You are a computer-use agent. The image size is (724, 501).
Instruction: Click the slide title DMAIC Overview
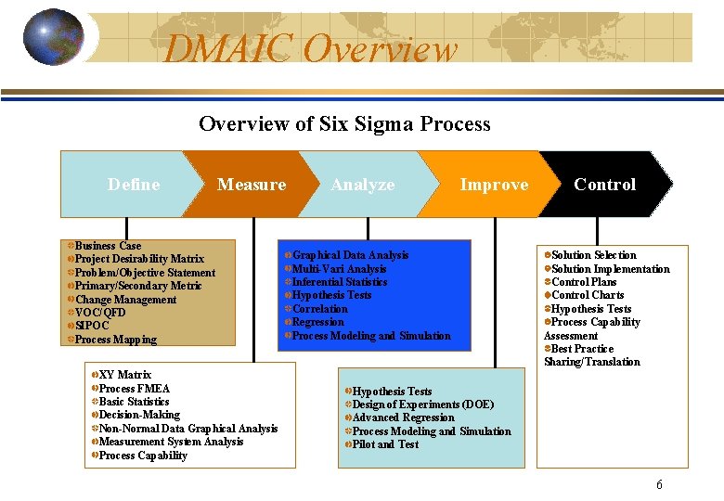pyautogui.click(x=311, y=48)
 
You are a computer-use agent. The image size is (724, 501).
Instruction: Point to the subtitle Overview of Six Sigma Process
pyautogui.click(x=344, y=123)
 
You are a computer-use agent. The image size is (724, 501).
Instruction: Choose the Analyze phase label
pyautogui.click(x=363, y=185)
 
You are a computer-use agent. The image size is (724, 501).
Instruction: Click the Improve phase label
pyautogui.click(x=494, y=185)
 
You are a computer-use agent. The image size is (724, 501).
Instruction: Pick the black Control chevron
pyautogui.click(x=604, y=185)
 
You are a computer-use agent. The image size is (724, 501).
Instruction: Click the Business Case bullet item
pyautogui.click(x=108, y=246)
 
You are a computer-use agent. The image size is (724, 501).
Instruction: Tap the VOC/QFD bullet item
pyautogui.click(x=100, y=313)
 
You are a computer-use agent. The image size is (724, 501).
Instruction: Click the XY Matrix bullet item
pyautogui.click(x=124, y=375)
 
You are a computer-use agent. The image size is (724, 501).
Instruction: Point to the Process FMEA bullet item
pyautogui.click(x=135, y=389)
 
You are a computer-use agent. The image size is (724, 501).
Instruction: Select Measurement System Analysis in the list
pyautogui.click(x=171, y=442)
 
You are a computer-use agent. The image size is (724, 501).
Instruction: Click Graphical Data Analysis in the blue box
pyautogui.click(x=350, y=255)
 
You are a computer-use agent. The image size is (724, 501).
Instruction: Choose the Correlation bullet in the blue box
pyautogui.click(x=320, y=309)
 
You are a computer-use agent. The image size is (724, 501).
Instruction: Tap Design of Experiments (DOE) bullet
pyautogui.click(x=422, y=405)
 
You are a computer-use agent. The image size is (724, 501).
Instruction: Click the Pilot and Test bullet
pyautogui.click(x=385, y=444)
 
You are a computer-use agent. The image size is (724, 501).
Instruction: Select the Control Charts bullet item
pyautogui.click(x=588, y=295)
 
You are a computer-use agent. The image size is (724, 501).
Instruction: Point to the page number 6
pyautogui.click(x=659, y=484)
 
